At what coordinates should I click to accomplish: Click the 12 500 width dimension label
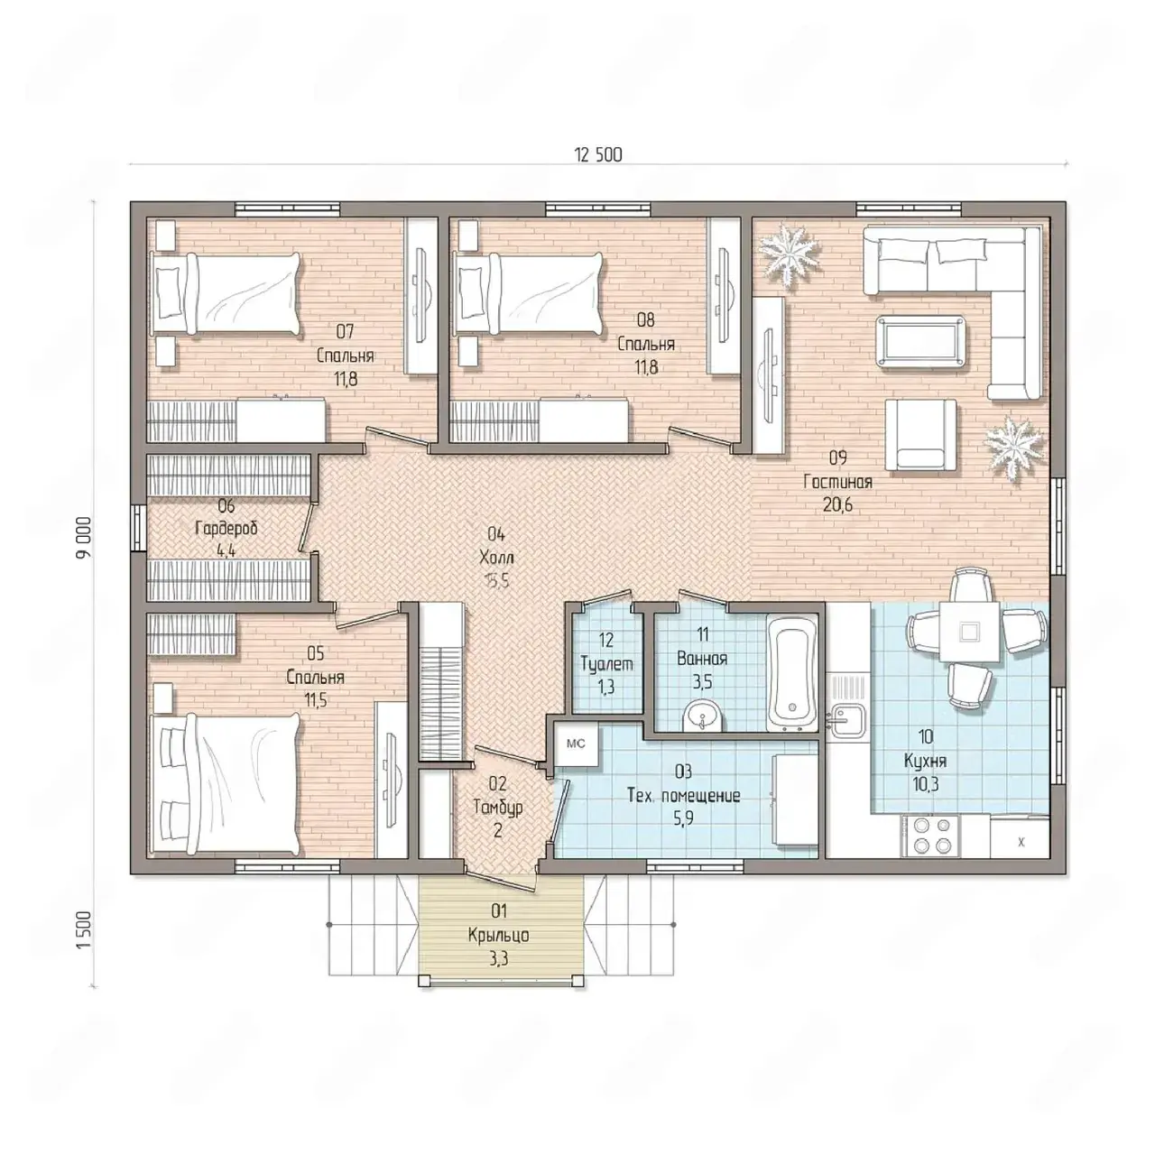click(x=598, y=155)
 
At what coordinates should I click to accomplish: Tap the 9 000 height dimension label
click(x=85, y=537)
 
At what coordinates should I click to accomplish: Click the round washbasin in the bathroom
click(x=702, y=716)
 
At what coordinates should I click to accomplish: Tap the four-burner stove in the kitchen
click(x=929, y=836)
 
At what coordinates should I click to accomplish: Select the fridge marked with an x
click(x=1020, y=839)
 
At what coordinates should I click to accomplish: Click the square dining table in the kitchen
click(x=968, y=631)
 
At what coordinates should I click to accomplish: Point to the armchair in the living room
click(x=920, y=435)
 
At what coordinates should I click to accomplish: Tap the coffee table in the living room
click(x=922, y=340)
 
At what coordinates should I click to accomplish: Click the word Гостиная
click(x=837, y=482)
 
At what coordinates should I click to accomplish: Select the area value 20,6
click(x=837, y=504)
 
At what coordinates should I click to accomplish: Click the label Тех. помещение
click(x=683, y=795)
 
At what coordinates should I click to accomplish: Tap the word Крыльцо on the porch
click(x=499, y=936)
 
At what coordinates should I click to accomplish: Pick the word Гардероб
click(x=226, y=529)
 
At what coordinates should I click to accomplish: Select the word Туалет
click(x=606, y=663)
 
